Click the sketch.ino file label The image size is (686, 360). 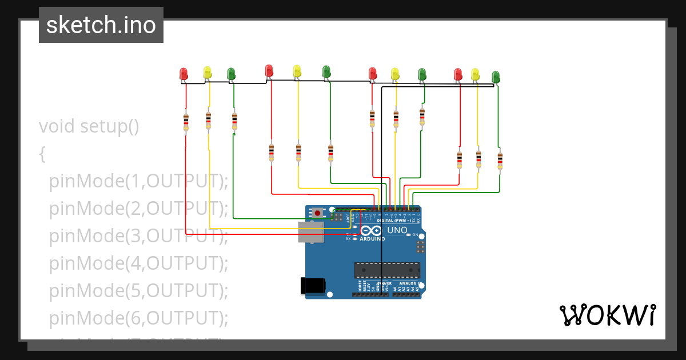tap(101, 25)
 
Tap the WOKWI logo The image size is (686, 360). tap(607, 315)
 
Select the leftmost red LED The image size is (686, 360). tap(184, 74)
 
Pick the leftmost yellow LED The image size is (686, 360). tap(208, 73)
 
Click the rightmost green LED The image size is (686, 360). tap(496, 77)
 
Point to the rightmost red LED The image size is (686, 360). tap(458, 74)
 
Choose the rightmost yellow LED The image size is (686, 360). tap(475, 74)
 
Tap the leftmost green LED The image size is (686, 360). tap(231, 74)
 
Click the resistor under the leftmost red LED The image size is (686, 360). tap(186, 121)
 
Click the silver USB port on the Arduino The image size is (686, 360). tap(310, 232)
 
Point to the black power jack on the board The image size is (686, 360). tap(313, 285)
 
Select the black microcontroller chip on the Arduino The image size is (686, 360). tap(387, 270)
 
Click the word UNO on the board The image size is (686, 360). tap(397, 230)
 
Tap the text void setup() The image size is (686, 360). tap(89, 126)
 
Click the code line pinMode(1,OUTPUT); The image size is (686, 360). tap(138, 181)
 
